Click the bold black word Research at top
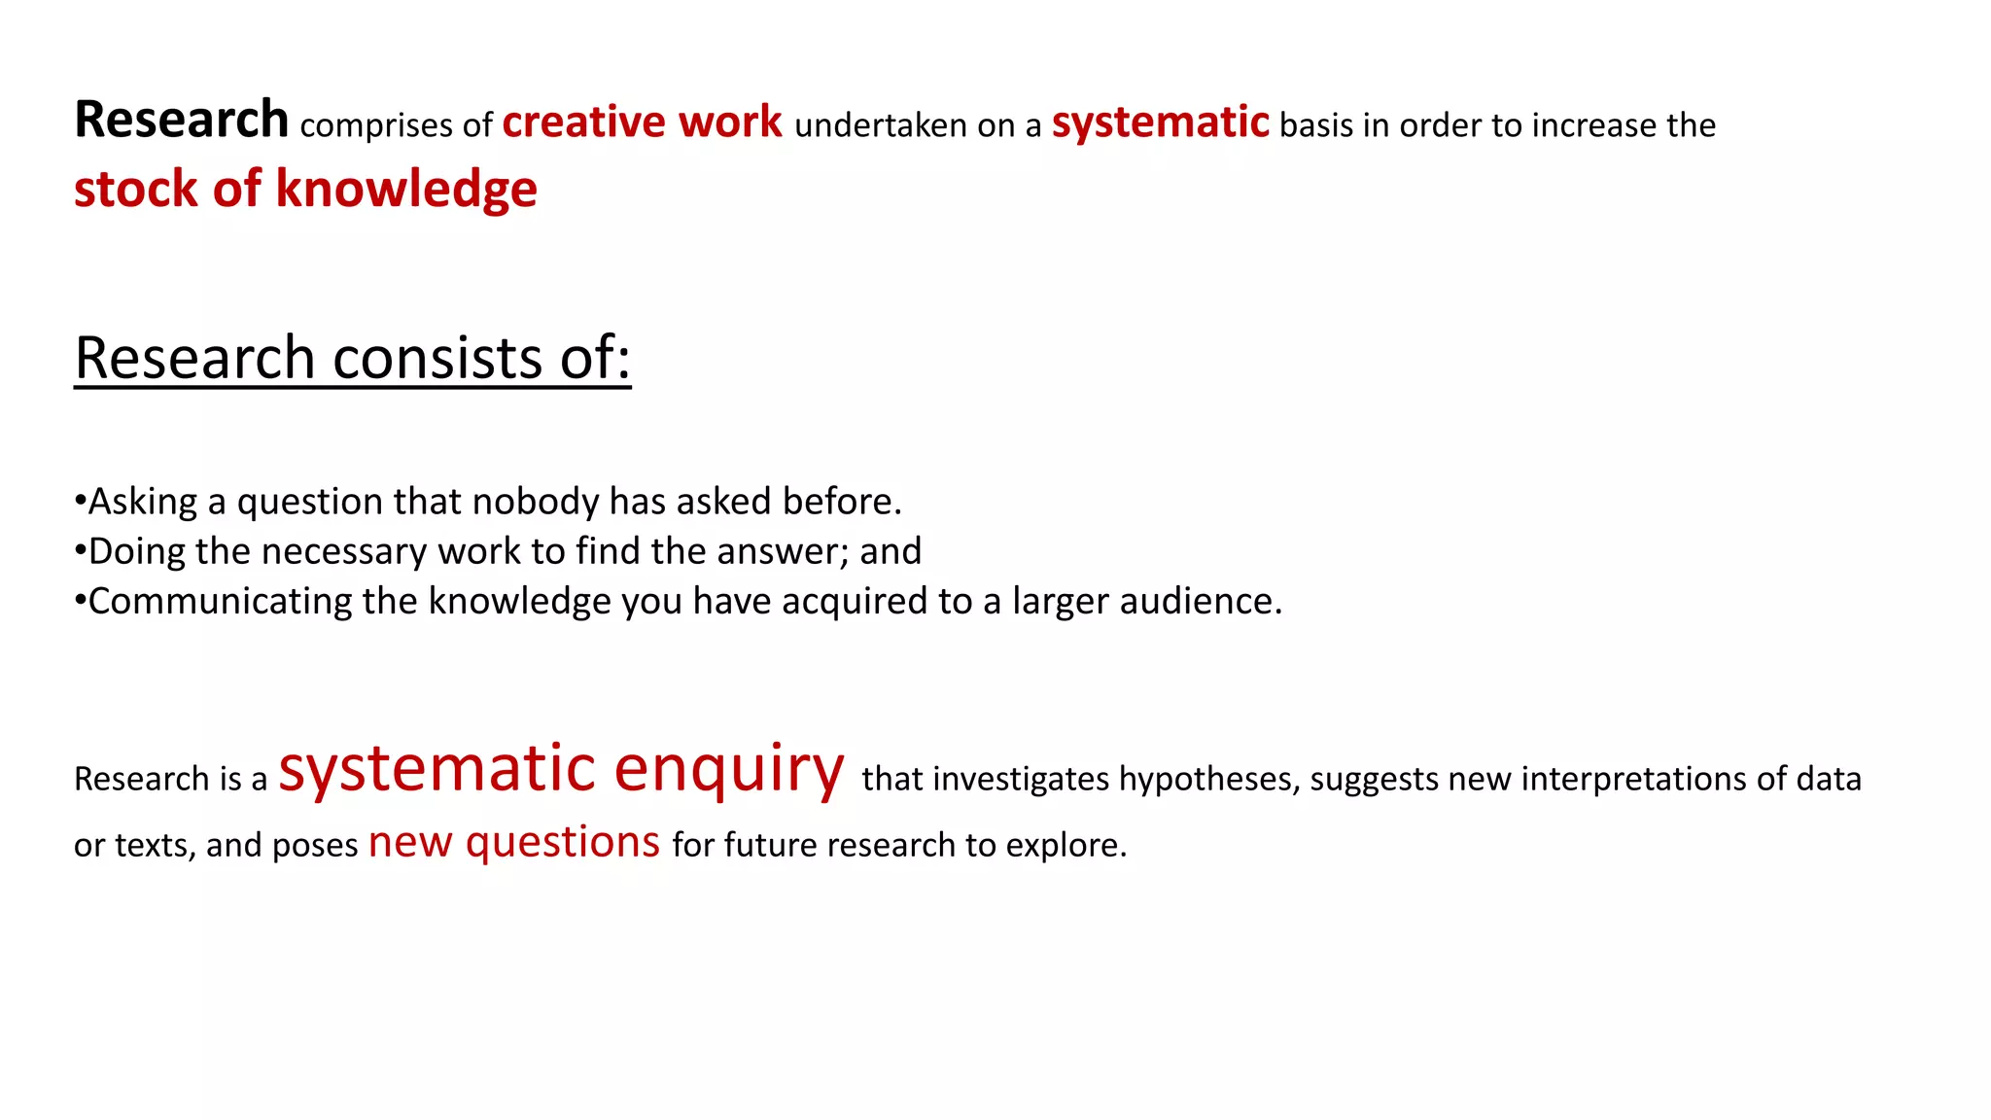(x=181, y=121)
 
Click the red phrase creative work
(x=642, y=122)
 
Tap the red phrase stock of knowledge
(x=305, y=189)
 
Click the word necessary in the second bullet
(x=343, y=552)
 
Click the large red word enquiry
(x=729, y=769)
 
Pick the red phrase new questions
(x=514, y=842)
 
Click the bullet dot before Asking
(x=80, y=502)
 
